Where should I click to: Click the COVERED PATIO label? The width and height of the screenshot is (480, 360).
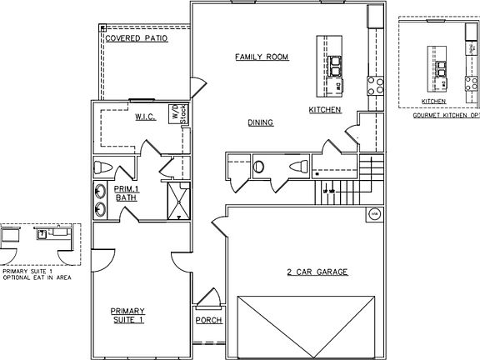point(137,38)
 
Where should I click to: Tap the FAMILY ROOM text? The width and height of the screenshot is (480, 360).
point(262,57)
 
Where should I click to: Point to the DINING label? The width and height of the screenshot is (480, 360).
point(260,122)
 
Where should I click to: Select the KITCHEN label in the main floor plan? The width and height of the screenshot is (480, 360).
point(325,109)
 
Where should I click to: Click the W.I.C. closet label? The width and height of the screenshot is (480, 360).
point(147,117)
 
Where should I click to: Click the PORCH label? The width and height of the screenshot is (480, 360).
point(207,320)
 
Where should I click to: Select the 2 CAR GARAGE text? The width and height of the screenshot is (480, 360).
point(317,272)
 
